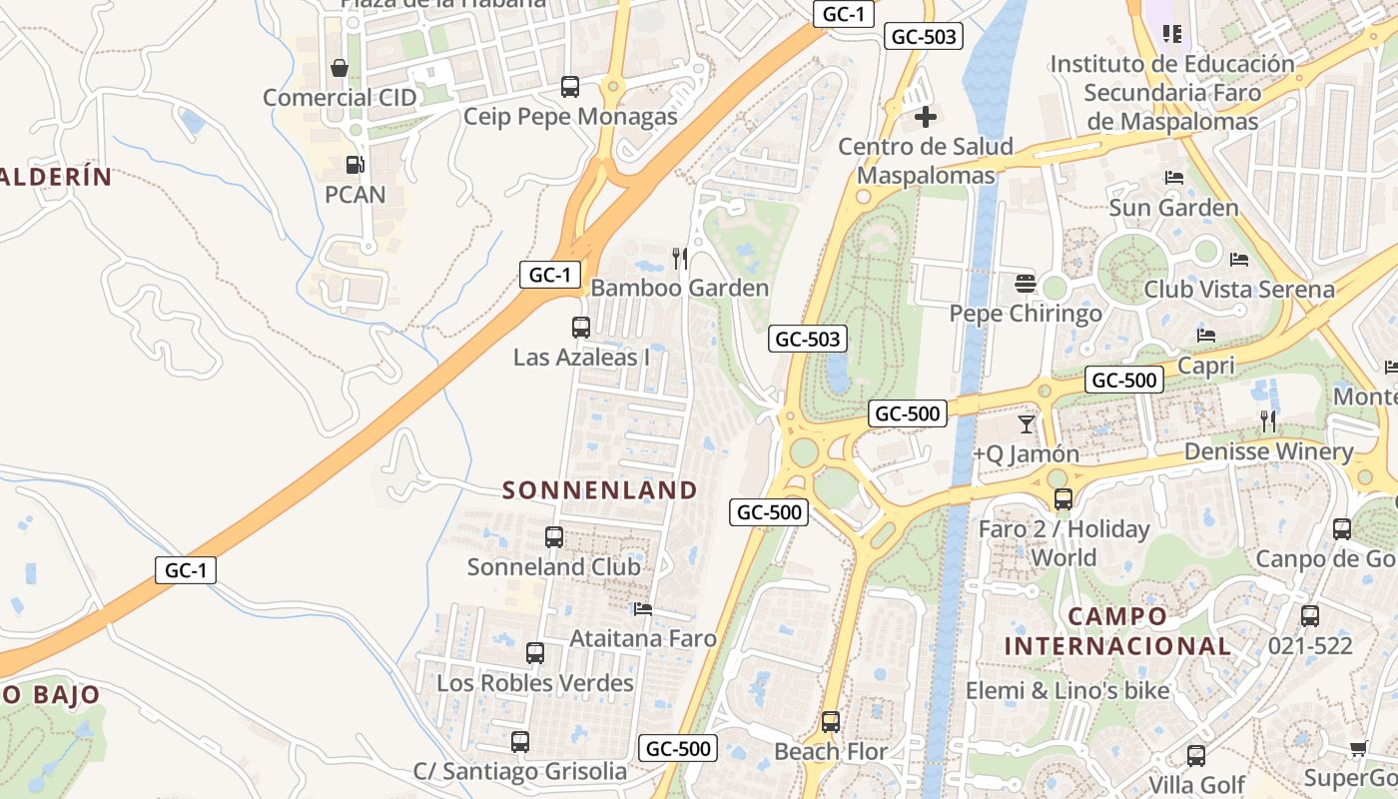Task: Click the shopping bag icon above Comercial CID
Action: tap(340, 68)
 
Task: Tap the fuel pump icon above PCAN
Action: tap(354, 164)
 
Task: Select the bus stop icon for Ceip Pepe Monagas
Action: tap(569, 87)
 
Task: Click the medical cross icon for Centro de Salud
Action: tap(926, 117)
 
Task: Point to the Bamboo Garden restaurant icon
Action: tap(680, 259)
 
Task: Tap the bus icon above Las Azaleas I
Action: tap(580, 327)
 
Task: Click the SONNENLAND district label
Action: tap(599, 489)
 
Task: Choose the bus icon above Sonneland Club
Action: tap(554, 537)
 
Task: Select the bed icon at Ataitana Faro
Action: tap(643, 608)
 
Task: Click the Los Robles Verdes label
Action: tap(535, 683)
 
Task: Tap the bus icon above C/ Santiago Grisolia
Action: tap(519, 742)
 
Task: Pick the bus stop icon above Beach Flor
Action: tap(830, 721)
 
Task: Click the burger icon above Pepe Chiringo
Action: tap(1026, 284)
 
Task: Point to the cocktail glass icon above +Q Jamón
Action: tap(1027, 423)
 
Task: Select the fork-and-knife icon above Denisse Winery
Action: tap(1268, 421)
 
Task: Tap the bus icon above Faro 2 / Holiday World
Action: tap(1063, 498)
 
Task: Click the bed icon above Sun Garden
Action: tap(1174, 178)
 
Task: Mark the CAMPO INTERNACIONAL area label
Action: tap(1116, 631)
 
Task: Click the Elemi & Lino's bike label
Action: tap(1066, 690)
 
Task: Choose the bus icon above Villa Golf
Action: tap(1196, 755)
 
